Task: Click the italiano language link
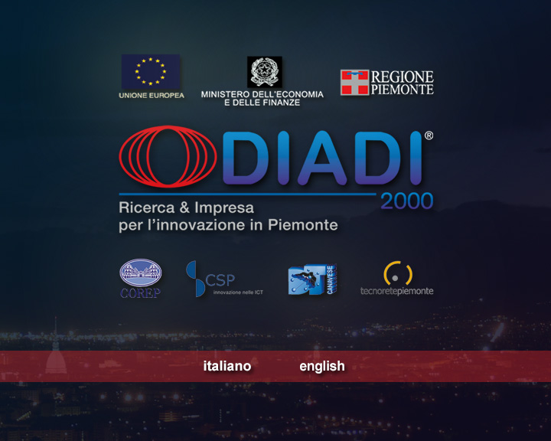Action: [227, 366]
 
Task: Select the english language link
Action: [322, 367]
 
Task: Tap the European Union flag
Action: [151, 72]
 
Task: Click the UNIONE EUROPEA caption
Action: [152, 95]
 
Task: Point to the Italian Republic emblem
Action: [265, 72]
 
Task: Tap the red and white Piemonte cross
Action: [354, 82]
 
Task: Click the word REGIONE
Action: [403, 77]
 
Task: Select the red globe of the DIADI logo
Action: [168, 156]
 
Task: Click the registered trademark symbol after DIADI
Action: [429, 136]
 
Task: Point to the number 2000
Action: [407, 201]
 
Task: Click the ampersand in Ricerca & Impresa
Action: [184, 207]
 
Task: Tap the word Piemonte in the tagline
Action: [302, 225]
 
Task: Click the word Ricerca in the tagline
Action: [146, 207]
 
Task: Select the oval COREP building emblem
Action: [141, 273]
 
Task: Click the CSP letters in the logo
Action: [220, 280]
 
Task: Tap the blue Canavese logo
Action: [312, 279]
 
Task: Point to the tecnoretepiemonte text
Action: [396, 291]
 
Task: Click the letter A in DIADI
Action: [322, 158]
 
